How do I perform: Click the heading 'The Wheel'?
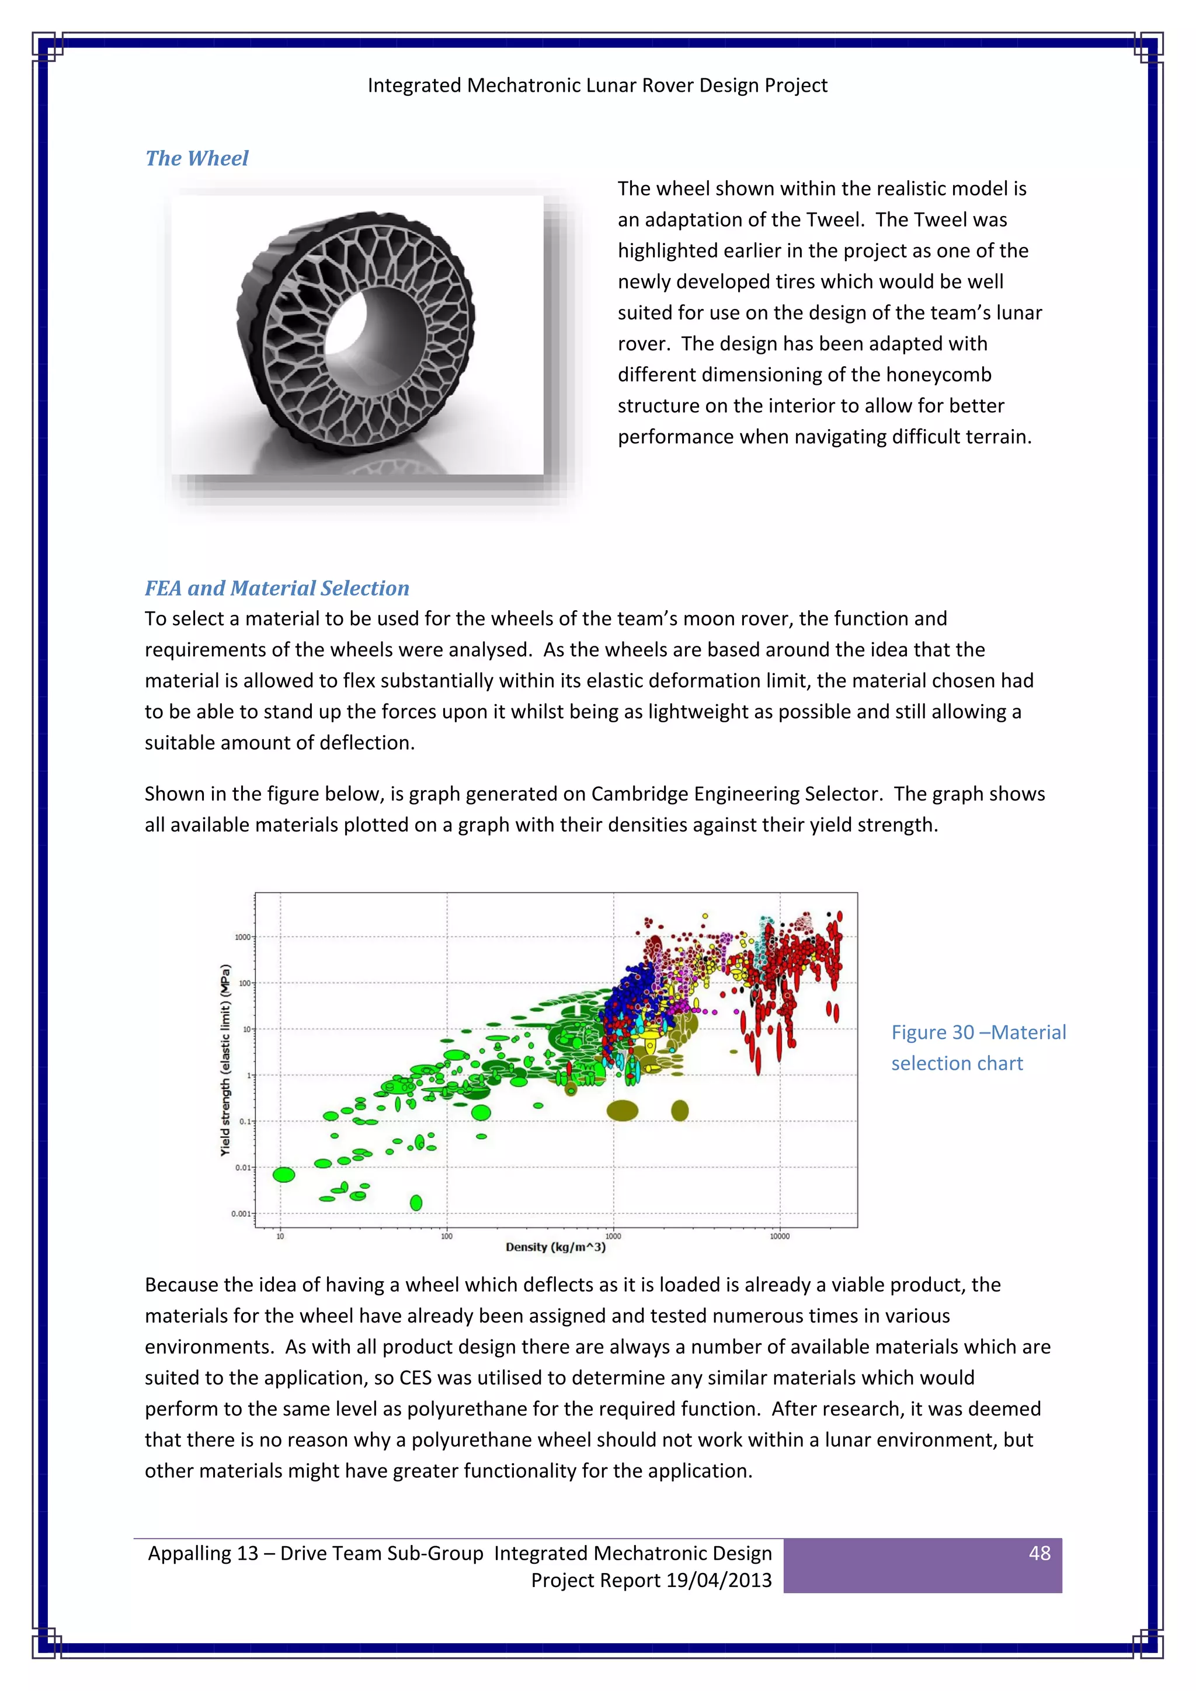197,158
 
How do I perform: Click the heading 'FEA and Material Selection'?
276,588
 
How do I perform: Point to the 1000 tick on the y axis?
242,937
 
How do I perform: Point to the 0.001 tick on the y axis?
241,1214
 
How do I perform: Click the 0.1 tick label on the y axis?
245,1122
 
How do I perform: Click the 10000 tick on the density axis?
779,1237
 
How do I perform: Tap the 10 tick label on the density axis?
280,1237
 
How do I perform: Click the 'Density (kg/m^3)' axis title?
555,1247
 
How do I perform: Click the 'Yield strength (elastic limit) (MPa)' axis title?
225,1060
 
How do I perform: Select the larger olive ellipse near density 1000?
623,1110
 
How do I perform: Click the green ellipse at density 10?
284,1175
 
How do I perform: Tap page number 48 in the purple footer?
1038,1553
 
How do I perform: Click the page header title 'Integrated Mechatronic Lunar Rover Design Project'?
597,85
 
